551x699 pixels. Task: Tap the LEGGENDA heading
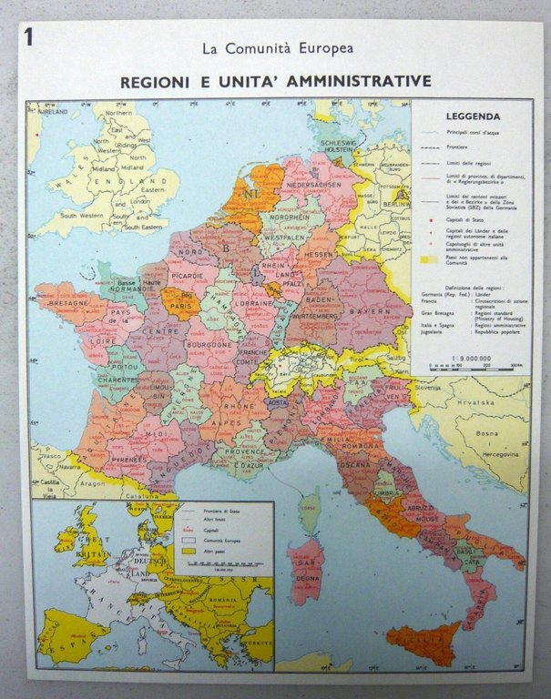(473, 116)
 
